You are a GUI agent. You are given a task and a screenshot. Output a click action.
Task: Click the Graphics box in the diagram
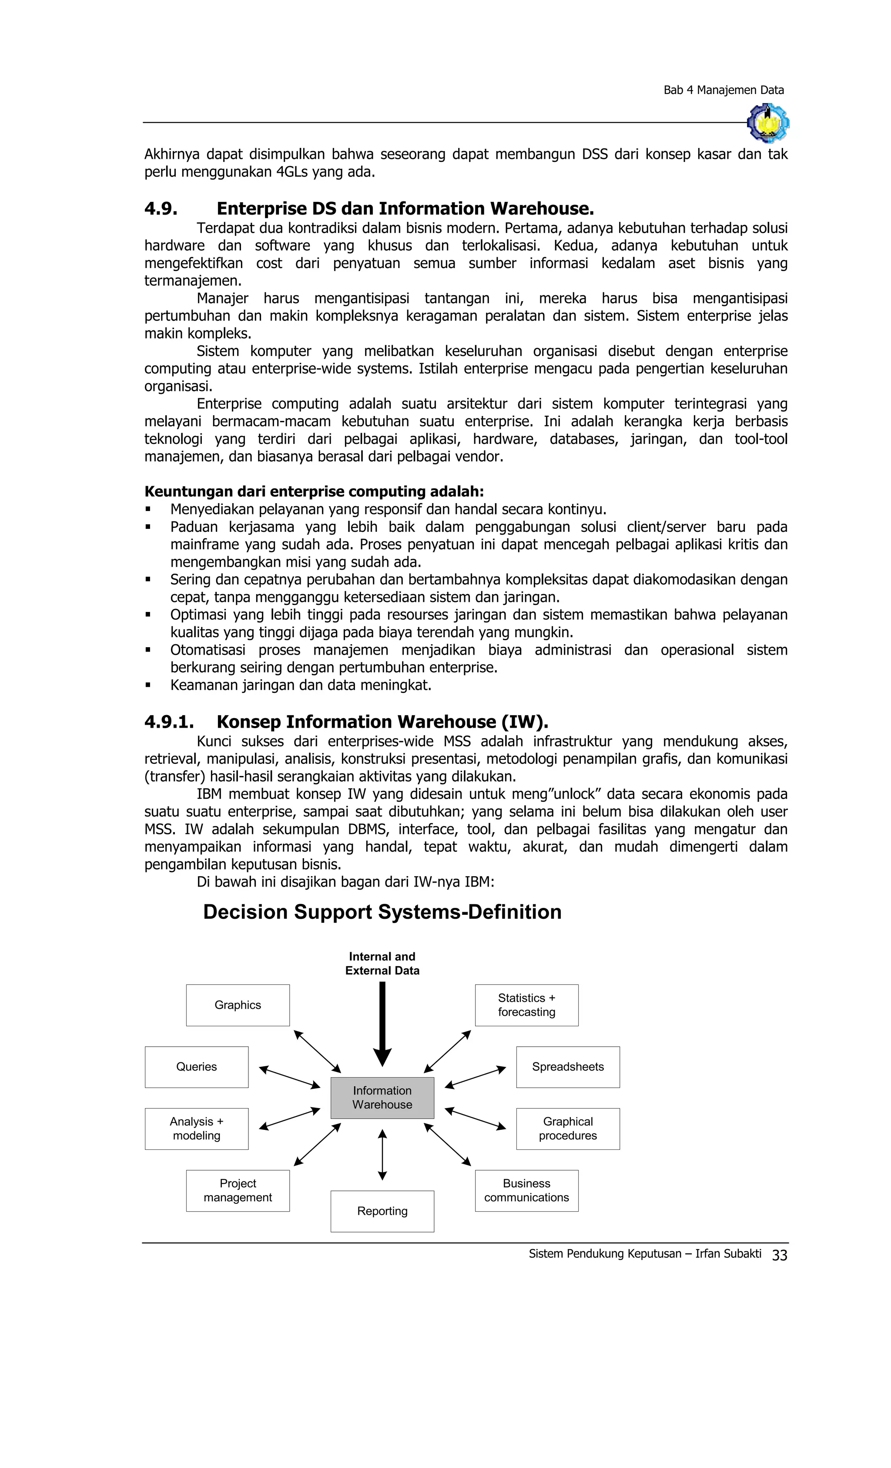tap(238, 1005)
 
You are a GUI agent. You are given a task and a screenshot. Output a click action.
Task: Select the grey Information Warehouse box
tap(382, 1098)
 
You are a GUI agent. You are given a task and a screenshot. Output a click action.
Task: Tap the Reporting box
tap(382, 1211)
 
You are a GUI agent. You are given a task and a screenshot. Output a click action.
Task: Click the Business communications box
tap(526, 1190)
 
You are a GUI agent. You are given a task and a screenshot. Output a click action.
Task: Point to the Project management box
tap(238, 1190)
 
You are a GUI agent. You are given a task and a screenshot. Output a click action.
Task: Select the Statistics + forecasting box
tap(526, 1005)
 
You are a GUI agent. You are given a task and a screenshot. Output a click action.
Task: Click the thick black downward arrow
tap(382, 1022)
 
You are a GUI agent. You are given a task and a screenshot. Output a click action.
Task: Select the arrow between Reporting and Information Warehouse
tap(382, 1155)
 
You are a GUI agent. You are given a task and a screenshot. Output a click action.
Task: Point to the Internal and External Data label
tap(382, 964)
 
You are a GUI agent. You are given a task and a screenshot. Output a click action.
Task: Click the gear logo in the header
tap(768, 123)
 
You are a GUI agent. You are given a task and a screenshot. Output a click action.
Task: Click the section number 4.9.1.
tap(168, 722)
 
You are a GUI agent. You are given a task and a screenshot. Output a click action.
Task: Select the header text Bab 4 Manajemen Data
tap(723, 90)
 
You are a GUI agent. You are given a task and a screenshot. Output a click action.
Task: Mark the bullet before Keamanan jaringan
tap(148, 685)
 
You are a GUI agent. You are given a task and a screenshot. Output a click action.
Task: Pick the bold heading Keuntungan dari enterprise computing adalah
tap(314, 491)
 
